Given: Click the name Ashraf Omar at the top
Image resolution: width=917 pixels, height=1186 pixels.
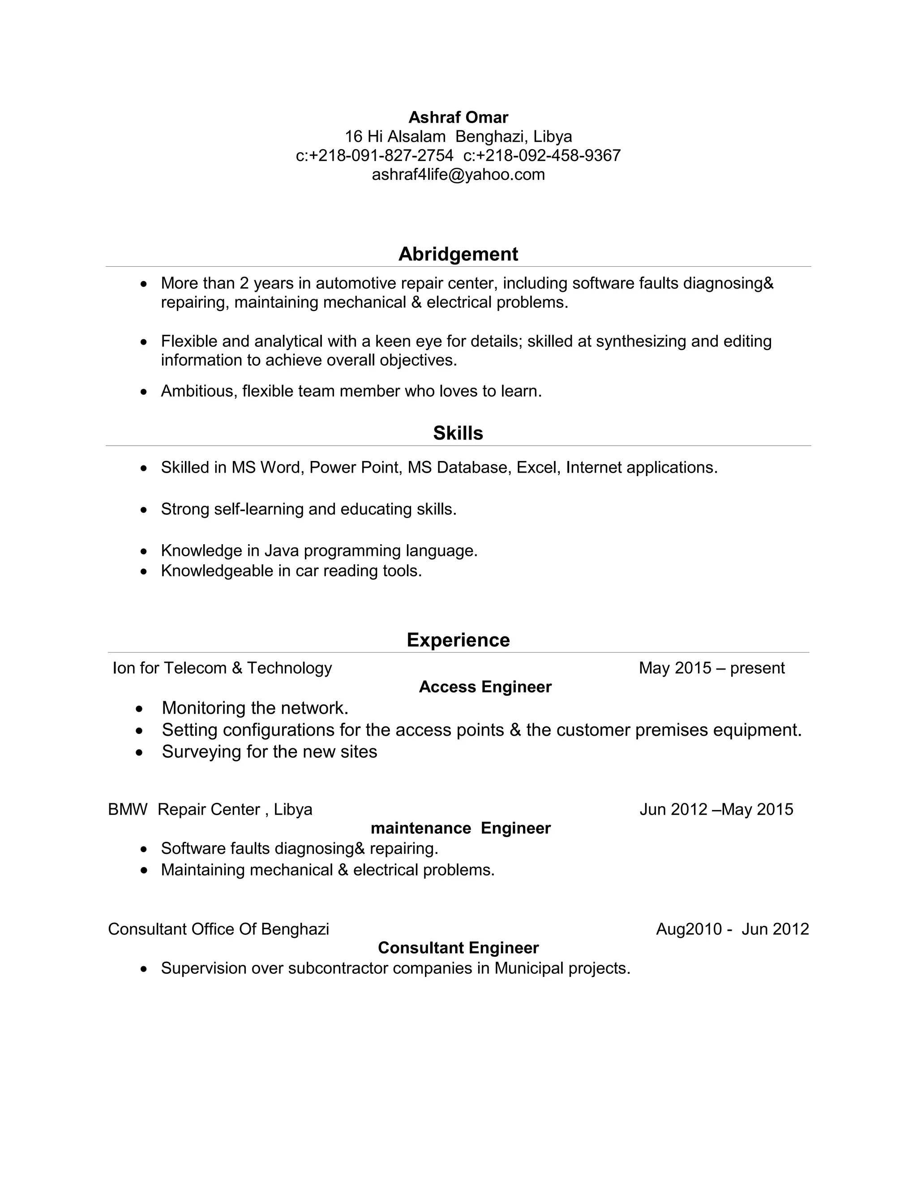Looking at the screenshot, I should point(458,117).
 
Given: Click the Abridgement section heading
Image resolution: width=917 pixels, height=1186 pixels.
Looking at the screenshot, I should point(458,254).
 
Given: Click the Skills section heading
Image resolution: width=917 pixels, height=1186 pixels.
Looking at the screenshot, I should point(458,433).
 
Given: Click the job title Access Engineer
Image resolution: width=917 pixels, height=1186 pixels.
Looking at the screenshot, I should point(485,687).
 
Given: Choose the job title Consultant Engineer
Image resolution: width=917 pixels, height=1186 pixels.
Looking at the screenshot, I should point(458,947).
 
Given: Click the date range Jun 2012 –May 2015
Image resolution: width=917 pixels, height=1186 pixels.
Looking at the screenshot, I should point(716,810).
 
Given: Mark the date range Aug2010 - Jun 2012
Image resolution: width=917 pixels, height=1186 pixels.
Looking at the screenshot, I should point(732,929).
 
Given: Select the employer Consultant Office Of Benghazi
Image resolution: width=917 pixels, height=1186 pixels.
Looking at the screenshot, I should point(219,929).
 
